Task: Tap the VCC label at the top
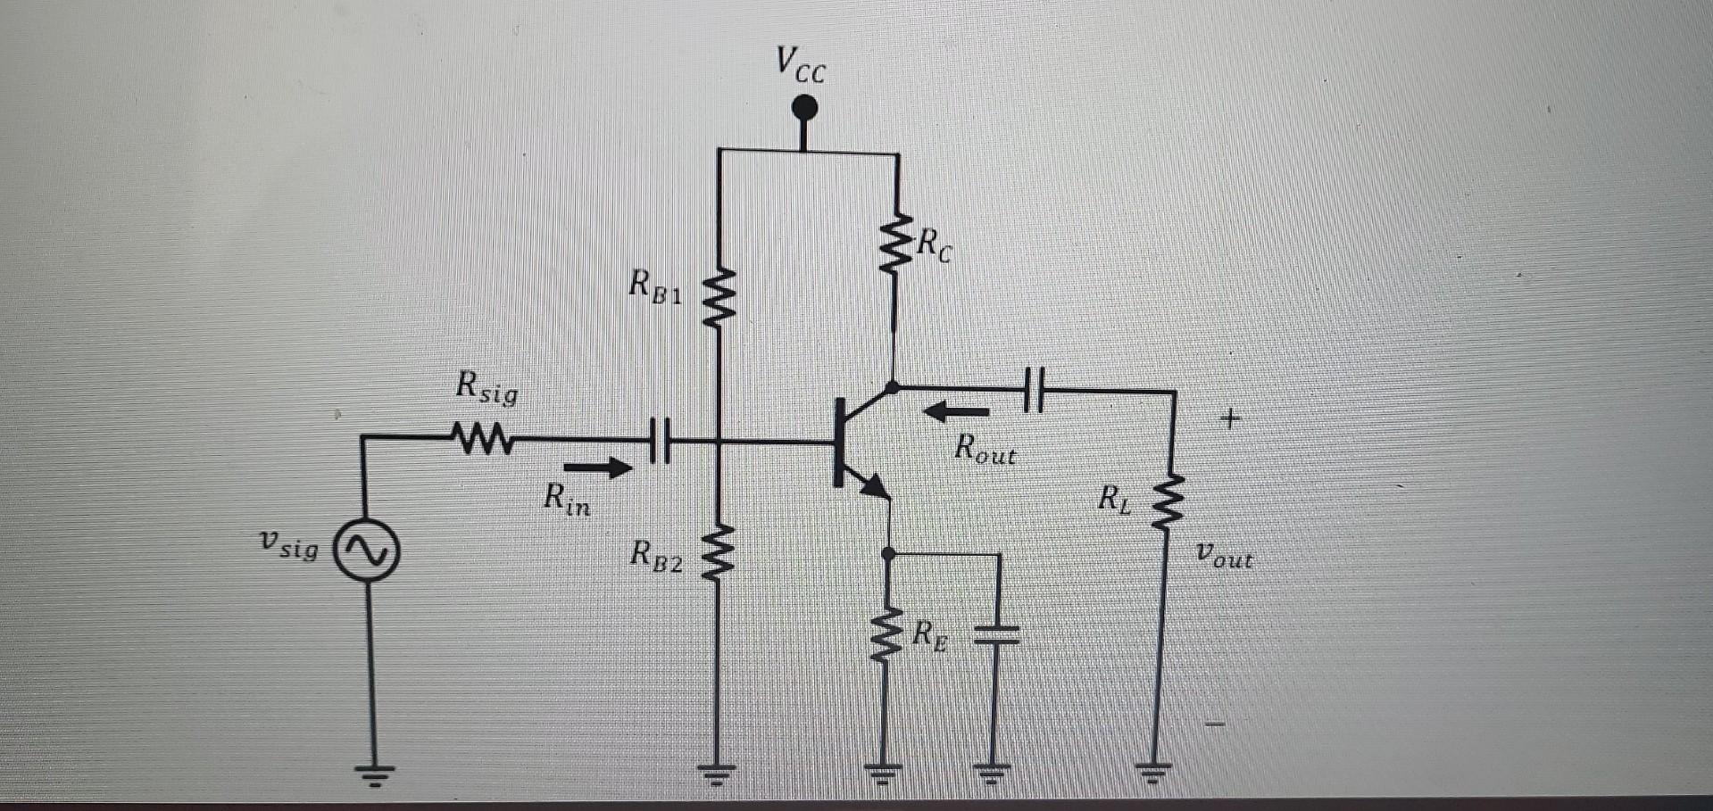801,64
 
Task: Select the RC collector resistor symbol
895,243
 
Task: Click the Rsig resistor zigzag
482,438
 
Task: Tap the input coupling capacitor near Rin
660,440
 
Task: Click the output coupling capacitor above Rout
1034,390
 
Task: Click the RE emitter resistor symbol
886,636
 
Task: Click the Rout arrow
955,412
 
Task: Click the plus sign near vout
1230,418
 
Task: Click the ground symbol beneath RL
1153,772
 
